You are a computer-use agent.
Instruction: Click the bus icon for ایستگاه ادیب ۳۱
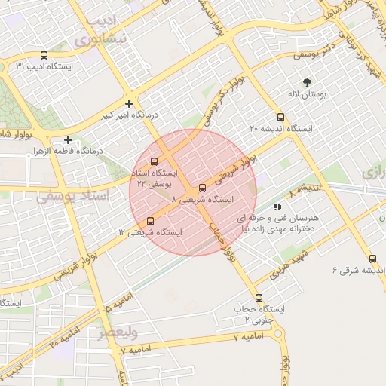pyautogui.click(x=44, y=56)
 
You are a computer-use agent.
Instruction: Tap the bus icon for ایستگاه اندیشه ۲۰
pyautogui.click(x=280, y=117)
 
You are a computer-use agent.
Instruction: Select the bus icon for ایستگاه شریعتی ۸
pyautogui.click(x=201, y=188)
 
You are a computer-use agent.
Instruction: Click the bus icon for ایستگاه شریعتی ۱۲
pyautogui.click(x=150, y=221)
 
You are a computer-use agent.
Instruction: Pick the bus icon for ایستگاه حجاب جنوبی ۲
pyautogui.click(x=259, y=298)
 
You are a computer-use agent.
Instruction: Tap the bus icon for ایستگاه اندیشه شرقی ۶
pyautogui.click(x=372, y=259)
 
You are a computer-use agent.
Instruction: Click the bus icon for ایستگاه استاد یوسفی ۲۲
pyautogui.click(x=155, y=161)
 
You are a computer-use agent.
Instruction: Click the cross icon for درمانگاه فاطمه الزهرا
pyautogui.click(x=69, y=139)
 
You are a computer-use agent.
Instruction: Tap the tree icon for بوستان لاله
pyautogui.click(x=307, y=82)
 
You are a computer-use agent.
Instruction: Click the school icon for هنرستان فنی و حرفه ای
pyautogui.click(x=278, y=206)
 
